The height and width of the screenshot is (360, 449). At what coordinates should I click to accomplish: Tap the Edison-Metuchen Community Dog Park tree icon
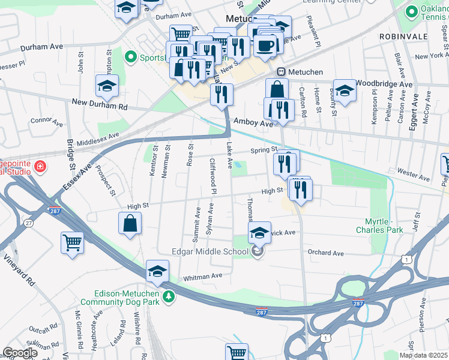pos(169,296)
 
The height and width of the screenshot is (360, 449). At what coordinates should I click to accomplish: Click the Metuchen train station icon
pos(280,72)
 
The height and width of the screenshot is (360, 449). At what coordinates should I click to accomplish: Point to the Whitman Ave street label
pos(203,275)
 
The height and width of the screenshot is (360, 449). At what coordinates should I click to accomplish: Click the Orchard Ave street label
pos(325,253)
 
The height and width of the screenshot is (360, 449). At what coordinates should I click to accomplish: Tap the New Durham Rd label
pos(100,106)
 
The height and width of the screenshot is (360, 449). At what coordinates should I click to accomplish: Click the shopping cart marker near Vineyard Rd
pos(72,243)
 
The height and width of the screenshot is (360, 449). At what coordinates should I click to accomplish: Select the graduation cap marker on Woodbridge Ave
pos(345,90)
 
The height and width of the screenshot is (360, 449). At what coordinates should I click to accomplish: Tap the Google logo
pos(19,353)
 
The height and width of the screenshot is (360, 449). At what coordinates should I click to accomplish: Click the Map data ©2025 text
pos(424,355)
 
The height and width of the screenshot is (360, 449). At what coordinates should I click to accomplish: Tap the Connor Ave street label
pos(47,122)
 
